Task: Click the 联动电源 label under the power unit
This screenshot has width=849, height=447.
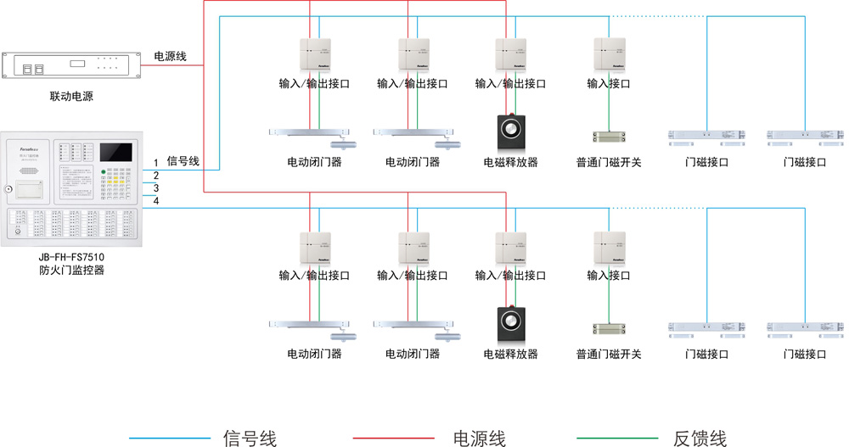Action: click(x=71, y=97)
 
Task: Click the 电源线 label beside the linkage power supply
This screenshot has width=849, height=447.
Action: click(x=170, y=56)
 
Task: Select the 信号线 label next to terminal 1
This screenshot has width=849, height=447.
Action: click(x=183, y=160)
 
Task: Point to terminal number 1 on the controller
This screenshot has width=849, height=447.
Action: click(x=155, y=163)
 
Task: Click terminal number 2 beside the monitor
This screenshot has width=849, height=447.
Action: click(x=155, y=176)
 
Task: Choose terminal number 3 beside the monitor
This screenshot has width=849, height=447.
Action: click(x=155, y=188)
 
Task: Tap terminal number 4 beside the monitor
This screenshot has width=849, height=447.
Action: click(x=155, y=201)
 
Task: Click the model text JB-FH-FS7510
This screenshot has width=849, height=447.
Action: click(x=71, y=256)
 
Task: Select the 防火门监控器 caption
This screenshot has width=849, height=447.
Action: click(x=71, y=271)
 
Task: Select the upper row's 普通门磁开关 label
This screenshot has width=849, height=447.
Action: click(x=609, y=162)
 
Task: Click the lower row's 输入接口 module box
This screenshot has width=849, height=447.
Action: click(x=609, y=248)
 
